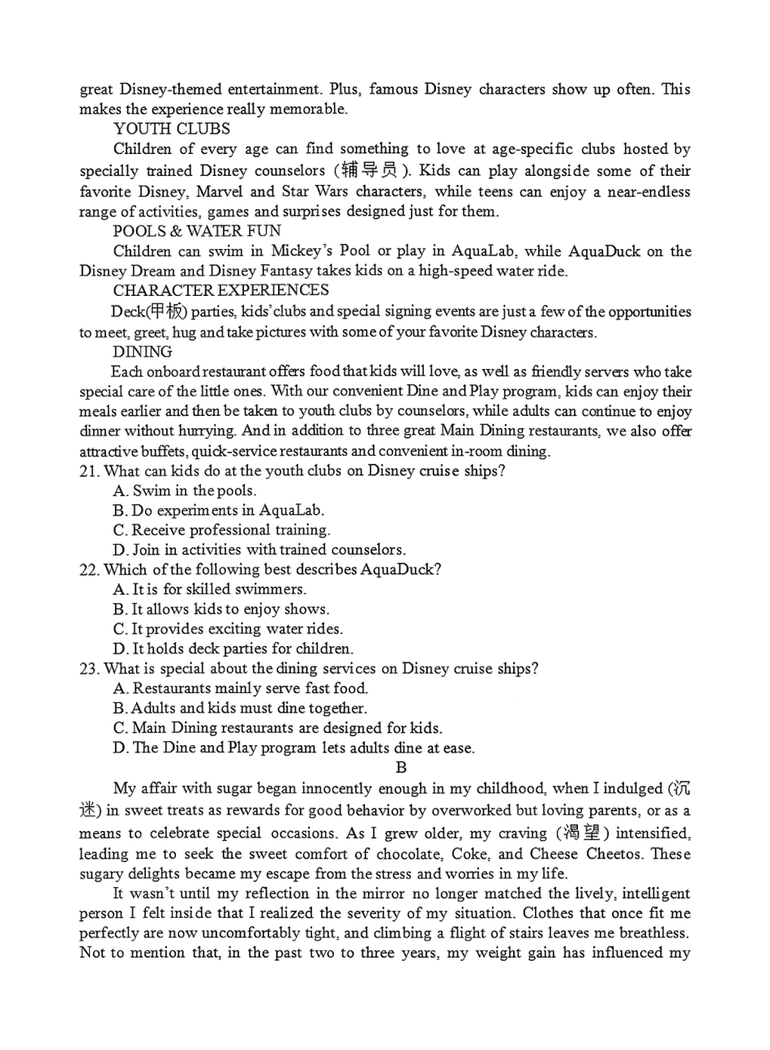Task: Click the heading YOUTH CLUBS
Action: [172, 129]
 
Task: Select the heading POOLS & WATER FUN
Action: [197, 231]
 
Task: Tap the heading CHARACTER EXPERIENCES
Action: [220, 290]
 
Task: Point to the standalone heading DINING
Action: [143, 352]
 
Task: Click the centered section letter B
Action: [400, 767]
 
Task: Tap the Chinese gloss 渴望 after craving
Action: [588, 833]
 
